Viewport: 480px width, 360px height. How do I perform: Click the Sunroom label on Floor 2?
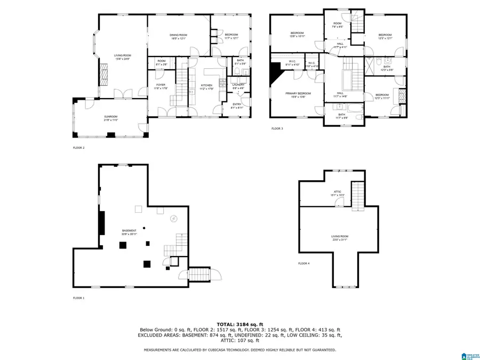110,118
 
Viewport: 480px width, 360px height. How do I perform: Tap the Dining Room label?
179,36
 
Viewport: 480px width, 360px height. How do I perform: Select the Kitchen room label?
206,86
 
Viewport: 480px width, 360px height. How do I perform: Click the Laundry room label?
238,86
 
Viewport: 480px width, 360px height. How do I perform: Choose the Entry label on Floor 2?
237,106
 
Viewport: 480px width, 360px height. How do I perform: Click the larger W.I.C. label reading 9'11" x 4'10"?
292,62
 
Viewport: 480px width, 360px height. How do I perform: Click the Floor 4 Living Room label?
339,238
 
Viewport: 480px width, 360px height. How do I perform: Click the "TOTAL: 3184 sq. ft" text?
239,324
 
